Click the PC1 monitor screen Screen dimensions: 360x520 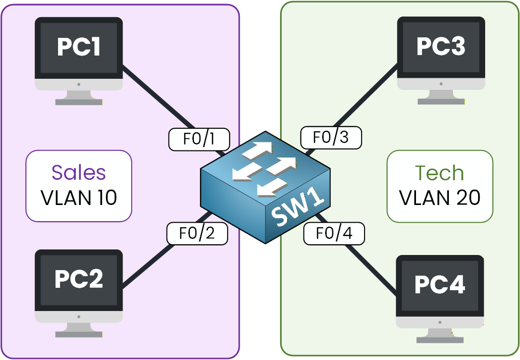click(x=78, y=47)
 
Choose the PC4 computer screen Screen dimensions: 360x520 click(x=440, y=285)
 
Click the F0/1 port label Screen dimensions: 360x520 click(x=199, y=139)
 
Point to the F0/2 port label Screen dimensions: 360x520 click(x=197, y=233)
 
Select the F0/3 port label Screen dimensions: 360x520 click(x=331, y=137)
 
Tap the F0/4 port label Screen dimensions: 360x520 click(x=334, y=233)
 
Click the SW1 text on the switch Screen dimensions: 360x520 click(x=297, y=208)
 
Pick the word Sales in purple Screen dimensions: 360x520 click(x=79, y=173)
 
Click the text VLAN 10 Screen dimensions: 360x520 click(x=79, y=197)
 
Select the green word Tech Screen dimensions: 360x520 click(x=439, y=173)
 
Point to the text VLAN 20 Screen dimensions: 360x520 click(x=439, y=198)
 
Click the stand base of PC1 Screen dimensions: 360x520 click(x=79, y=101)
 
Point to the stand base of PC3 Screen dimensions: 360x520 click(x=441, y=101)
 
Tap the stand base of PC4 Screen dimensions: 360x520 click(x=440, y=339)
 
